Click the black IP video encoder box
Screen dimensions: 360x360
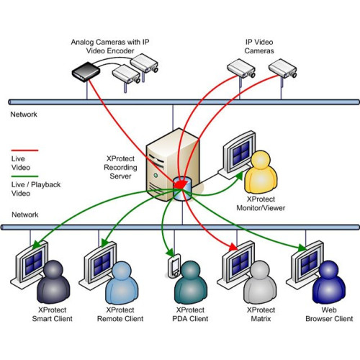point(85,71)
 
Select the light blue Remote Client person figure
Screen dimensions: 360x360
point(120,282)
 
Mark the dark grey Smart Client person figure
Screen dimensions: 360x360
point(54,282)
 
